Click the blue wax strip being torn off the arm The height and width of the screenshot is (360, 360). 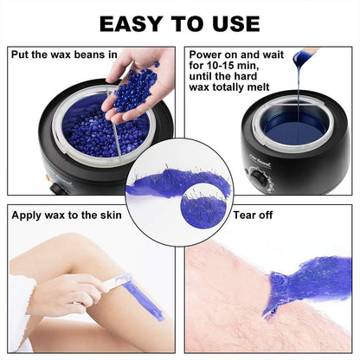[303, 290]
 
